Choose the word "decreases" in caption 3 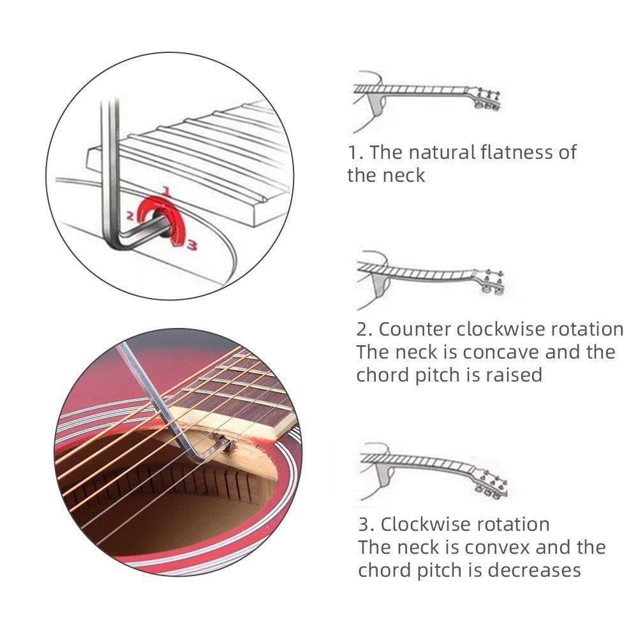click(x=534, y=570)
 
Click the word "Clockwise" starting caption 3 click(x=426, y=524)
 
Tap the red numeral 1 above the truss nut click(x=165, y=190)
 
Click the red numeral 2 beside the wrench click(x=130, y=216)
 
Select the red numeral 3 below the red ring click(x=192, y=245)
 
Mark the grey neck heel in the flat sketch click(x=377, y=104)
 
